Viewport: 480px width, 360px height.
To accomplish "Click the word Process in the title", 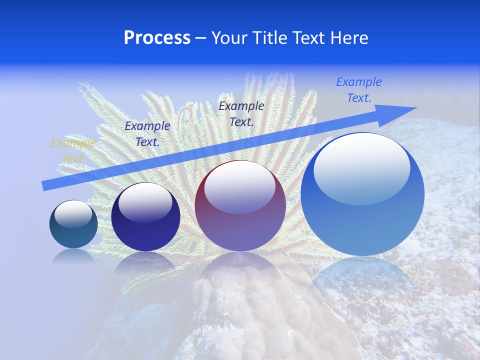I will pyautogui.click(x=157, y=38).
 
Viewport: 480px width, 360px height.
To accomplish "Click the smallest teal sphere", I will pyautogui.click(x=73, y=224).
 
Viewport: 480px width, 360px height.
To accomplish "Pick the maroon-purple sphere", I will pyautogui.click(x=240, y=206).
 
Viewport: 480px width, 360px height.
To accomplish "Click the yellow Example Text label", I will pyautogui.click(x=73, y=151).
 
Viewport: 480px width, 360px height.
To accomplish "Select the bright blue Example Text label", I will pyautogui.click(x=359, y=90).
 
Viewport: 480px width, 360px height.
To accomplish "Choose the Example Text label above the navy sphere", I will pyautogui.click(x=147, y=134).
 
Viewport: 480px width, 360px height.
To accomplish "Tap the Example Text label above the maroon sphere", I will pyautogui.click(x=241, y=113).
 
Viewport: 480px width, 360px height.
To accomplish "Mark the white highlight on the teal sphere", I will pyautogui.click(x=73, y=214).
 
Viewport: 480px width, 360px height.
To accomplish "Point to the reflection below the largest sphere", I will pyautogui.click(x=362, y=280).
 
